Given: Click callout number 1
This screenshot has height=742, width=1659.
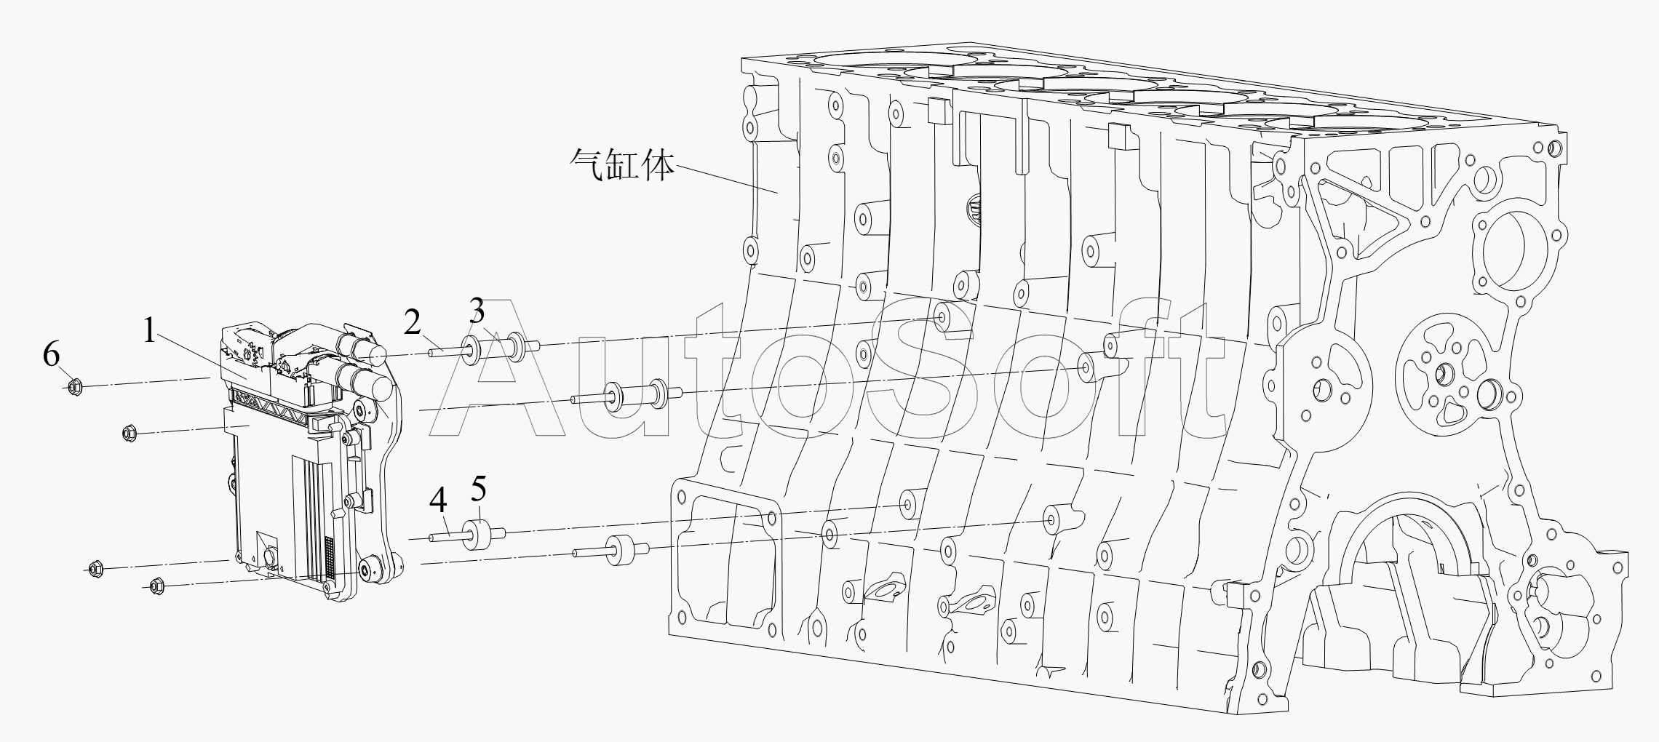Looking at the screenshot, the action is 149,332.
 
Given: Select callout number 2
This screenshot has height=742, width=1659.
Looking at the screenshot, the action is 413,322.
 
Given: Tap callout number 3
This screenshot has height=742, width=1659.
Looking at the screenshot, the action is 477,311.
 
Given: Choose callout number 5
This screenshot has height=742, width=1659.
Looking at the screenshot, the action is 479,490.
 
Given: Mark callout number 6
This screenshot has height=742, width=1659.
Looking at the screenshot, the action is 51,356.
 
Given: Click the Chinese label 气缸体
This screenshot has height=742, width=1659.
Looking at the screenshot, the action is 622,166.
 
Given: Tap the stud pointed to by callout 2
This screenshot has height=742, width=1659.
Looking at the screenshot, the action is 445,353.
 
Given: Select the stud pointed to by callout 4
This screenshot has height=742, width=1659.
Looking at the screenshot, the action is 447,538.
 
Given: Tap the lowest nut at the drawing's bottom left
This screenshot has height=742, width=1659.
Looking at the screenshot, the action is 155,586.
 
